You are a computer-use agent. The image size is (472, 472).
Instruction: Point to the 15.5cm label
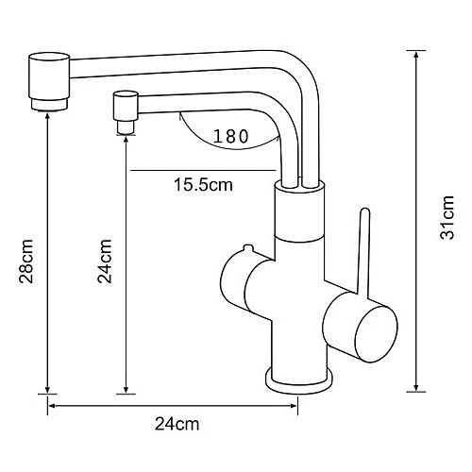click(x=202, y=185)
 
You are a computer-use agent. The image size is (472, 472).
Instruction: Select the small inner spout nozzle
click(x=124, y=111)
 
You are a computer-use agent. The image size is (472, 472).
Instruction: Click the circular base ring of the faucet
click(x=300, y=379)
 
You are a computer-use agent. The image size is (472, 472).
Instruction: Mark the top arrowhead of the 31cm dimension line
click(x=416, y=56)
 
